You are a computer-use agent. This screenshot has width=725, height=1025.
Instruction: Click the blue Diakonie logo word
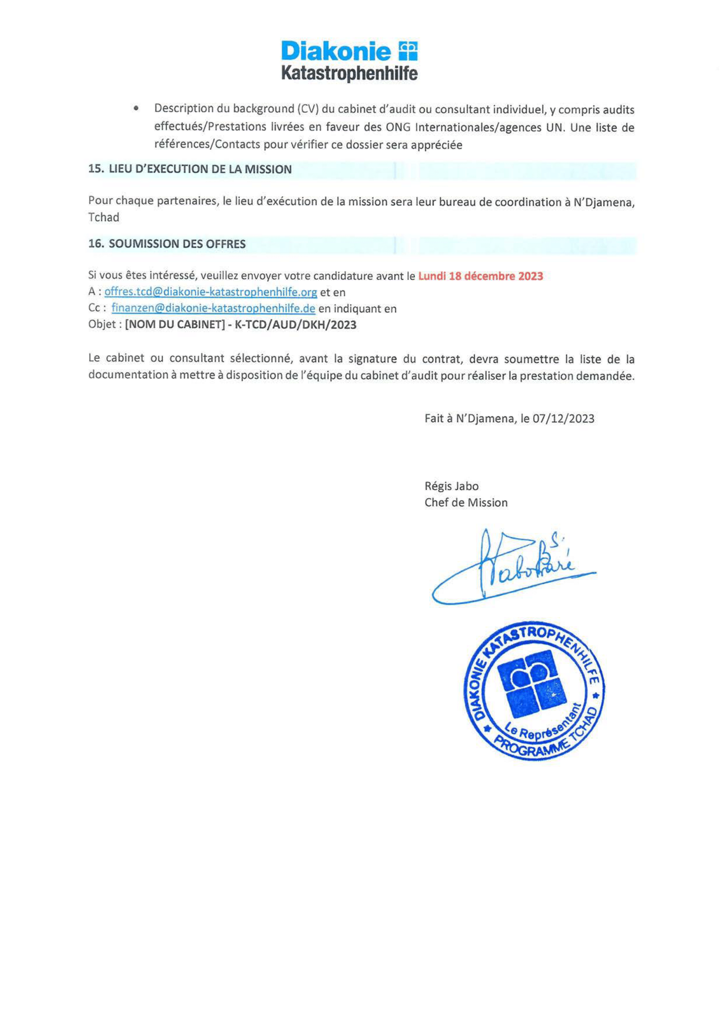coord(336,52)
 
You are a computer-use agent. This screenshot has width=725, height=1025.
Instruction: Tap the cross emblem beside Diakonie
coord(407,51)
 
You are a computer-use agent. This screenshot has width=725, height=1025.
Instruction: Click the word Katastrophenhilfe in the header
coord(349,73)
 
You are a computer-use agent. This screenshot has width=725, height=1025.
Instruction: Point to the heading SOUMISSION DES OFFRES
coord(177,244)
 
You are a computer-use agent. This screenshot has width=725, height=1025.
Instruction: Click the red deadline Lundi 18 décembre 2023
coord(480,276)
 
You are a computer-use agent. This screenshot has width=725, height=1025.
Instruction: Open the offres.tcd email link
coord(211,292)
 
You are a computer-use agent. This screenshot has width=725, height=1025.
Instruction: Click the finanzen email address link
coord(213,309)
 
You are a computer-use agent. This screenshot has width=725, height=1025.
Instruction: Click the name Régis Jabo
coord(451,486)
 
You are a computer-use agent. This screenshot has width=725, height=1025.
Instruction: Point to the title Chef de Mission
coord(466,503)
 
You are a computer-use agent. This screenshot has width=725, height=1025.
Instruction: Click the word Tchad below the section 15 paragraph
coord(104,218)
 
